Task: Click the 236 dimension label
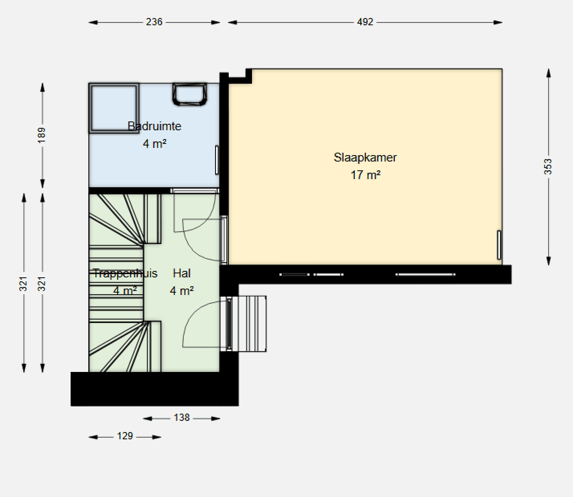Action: click(154, 22)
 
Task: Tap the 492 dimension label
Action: click(365, 22)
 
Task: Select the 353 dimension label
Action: click(548, 167)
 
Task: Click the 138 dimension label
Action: click(181, 418)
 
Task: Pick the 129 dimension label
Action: click(125, 436)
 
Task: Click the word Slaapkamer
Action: click(365, 158)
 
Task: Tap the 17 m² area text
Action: click(366, 175)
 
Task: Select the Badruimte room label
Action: click(154, 126)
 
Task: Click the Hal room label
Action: click(181, 273)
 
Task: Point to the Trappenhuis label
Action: click(125, 273)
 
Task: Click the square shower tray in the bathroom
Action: click(114, 108)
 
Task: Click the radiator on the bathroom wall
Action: click(217, 160)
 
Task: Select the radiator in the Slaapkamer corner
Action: click(499, 245)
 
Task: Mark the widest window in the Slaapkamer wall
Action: click(425, 275)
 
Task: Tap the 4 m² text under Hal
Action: click(182, 291)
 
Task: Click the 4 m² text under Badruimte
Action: click(154, 144)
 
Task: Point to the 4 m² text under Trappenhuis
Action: click(125, 291)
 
